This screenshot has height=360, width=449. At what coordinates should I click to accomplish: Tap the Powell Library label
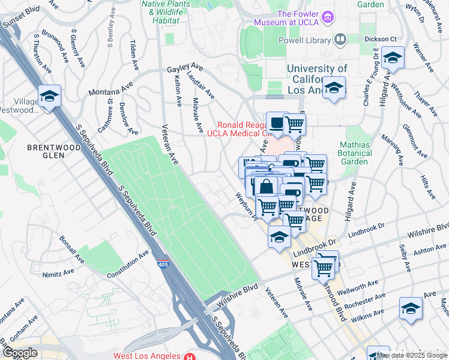point(305,41)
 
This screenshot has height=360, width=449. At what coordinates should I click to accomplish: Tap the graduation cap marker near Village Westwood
point(49,95)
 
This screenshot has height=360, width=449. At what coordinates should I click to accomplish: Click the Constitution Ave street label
point(127,265)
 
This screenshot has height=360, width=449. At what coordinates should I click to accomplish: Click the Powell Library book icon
point(340,40)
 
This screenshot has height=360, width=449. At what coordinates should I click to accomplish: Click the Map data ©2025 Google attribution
point(411,355)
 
